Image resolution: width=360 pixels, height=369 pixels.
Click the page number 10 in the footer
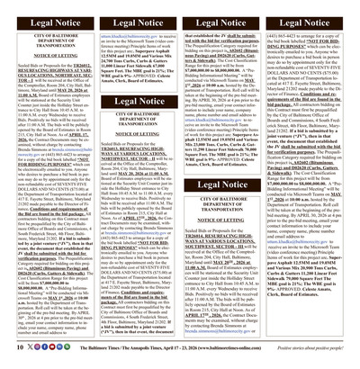coord(8,356)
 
